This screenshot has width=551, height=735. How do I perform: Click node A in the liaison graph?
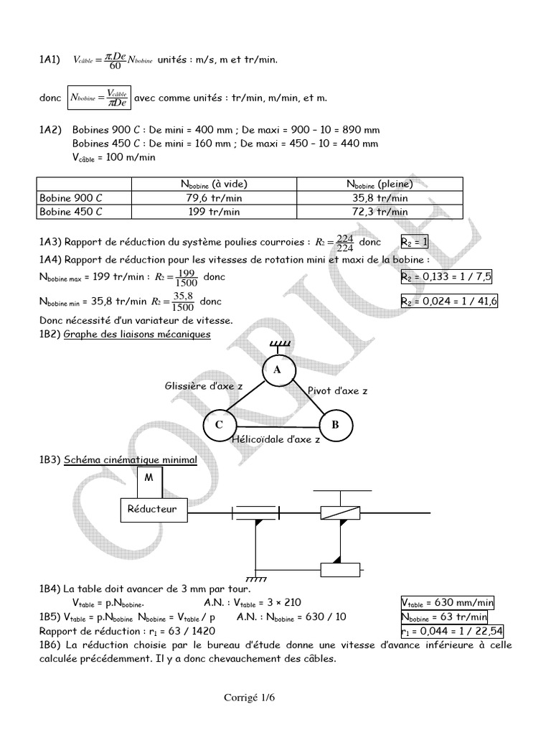[276, 370]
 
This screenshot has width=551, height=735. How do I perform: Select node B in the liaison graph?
[334, 425]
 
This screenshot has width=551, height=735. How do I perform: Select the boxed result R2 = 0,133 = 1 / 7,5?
[448, 276]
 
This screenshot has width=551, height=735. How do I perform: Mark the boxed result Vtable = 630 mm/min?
[447, 603]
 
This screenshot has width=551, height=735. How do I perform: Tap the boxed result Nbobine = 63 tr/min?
[444, 617]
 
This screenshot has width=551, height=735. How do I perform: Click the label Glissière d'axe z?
[204, 386]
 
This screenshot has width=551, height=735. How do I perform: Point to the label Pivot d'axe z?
[337, 390]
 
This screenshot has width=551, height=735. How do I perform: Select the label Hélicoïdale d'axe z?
[276, 439]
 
